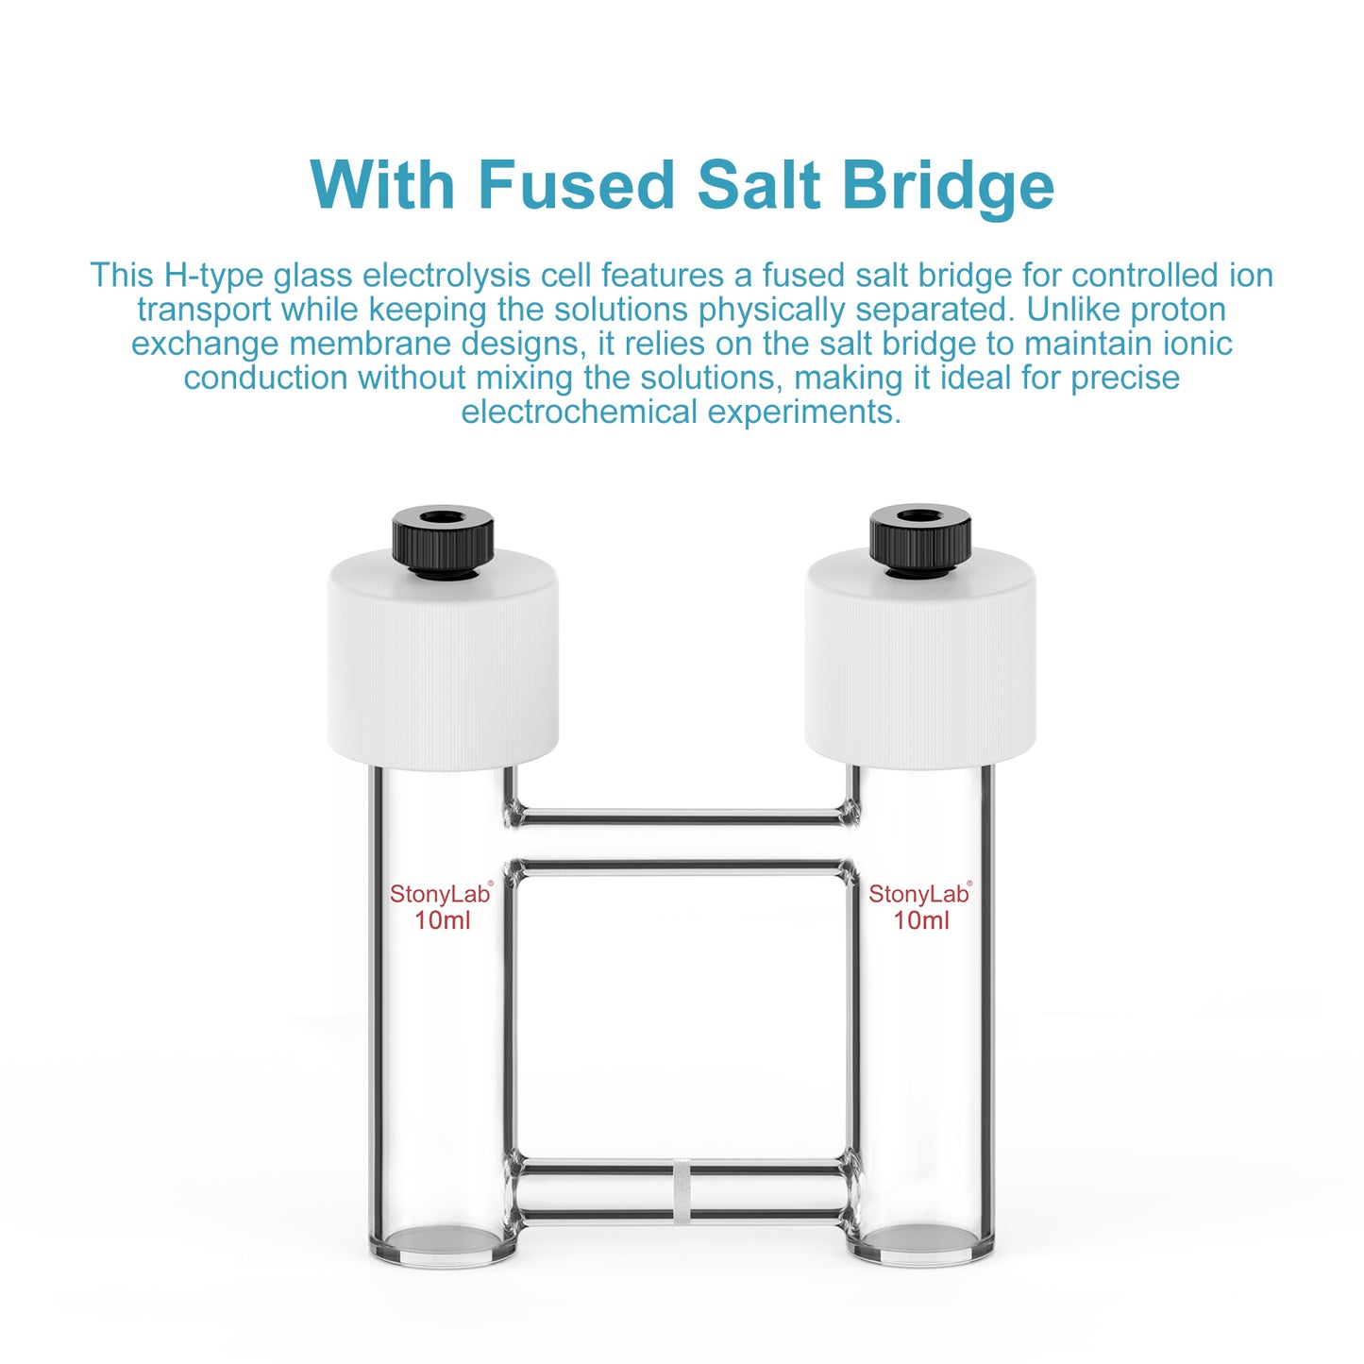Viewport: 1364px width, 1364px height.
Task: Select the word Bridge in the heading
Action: click(948, 186)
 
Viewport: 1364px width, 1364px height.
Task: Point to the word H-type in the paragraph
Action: click(214, 276)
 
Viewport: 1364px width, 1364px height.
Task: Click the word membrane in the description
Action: click(371, 344)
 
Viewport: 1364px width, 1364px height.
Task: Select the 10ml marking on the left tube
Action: click(442, 920)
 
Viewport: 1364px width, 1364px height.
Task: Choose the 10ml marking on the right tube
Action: click(921, 920)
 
